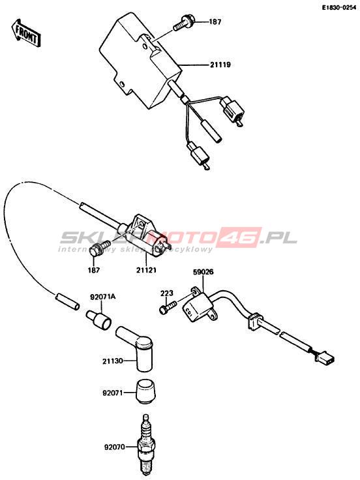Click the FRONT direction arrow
tap(27, 33)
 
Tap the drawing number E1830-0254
tap(338, 8)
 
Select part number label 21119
tap(220, 65)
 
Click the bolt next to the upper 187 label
tap(183, 23)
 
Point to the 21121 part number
tap(146, 270)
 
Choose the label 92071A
tap(103, 297)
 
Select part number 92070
tap(115, 447)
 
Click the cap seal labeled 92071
tap(145, 391)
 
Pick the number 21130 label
tap(113, 361)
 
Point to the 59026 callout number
tap(203, 272)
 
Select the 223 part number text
tap(167, 293)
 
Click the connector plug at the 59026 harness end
tap(325, 358)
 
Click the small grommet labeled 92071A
tap(98, 320)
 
